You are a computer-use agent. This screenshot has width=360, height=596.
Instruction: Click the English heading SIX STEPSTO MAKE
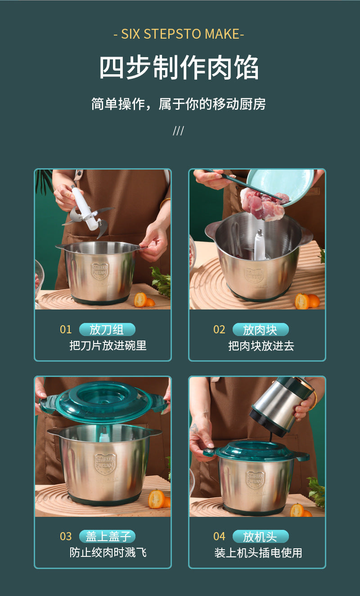[179, 34]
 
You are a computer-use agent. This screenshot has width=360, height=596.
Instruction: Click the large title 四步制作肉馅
[179, 67]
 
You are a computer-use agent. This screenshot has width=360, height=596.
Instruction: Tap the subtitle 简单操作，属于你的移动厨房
[178, 104]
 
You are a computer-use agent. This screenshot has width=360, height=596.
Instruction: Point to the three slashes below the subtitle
[178, 131]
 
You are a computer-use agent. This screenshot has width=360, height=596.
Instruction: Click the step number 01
[66, 330]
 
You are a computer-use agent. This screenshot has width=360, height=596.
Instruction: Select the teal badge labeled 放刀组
[107, 329]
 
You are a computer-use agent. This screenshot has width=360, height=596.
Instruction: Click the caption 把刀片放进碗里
[108, 345]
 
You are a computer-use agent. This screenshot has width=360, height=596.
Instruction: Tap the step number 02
[219, 330]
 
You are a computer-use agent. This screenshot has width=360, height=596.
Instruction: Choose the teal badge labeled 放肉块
[261, 330]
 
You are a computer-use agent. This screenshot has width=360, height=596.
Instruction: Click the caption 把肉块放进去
[261, 346]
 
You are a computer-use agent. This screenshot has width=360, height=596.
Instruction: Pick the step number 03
[66, 536]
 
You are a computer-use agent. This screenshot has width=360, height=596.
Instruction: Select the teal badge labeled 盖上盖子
[107, 536]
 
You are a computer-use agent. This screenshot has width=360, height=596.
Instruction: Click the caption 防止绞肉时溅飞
[108, 553]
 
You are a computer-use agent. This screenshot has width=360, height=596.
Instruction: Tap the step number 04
[219, 536]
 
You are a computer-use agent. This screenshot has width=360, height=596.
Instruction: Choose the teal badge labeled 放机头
[261, 536]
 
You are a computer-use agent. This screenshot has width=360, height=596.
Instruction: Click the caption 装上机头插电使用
[258, 553]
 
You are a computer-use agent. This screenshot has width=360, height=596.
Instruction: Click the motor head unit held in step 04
[282, 404]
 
